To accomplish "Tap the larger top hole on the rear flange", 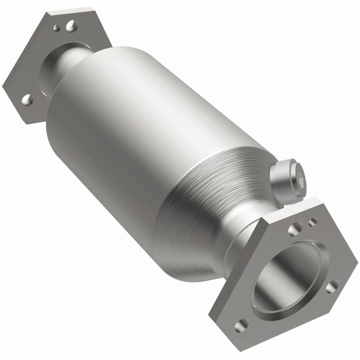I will point(70,24).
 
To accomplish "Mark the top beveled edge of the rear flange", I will point(75,11).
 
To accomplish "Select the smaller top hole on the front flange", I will point(312,222).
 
